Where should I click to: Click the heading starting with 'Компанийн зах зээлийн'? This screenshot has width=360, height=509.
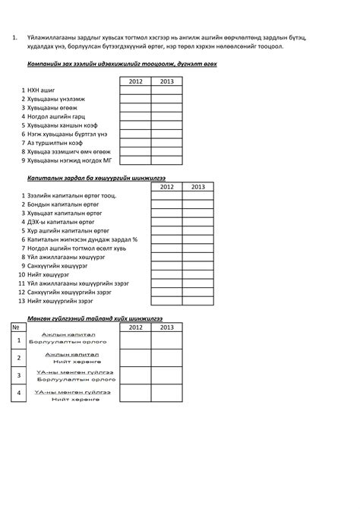pos(122,64)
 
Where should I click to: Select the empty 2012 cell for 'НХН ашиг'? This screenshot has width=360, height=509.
pos(135,90)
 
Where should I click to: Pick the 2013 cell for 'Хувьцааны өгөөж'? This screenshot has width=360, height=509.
pos(166,109)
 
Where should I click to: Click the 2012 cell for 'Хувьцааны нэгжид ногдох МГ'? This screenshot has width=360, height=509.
pos(135,160)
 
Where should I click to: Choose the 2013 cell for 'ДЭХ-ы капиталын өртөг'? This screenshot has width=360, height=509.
pos(197,223)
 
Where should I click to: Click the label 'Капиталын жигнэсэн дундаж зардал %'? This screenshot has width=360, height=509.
pos(83,239)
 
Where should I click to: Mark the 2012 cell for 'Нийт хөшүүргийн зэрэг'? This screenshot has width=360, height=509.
pos(166,300)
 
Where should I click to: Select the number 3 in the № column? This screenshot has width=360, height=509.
pos(19,375)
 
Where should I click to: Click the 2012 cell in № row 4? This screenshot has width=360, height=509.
pos(135,393)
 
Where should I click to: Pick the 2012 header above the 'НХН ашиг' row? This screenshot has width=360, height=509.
pos(135,81)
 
